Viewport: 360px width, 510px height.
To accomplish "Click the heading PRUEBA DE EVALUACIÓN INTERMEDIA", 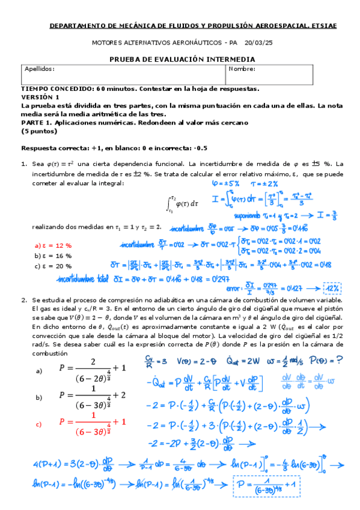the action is [x=182, y=59].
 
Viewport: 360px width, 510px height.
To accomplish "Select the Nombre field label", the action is [x=242, y=69].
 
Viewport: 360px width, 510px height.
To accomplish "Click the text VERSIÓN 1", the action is [x=40, y=96].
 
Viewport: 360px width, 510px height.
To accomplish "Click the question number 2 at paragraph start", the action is [x=24, y=300].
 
